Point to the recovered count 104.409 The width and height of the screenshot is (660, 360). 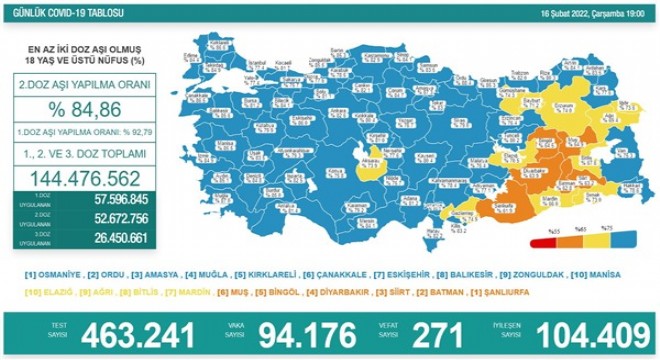click(x=571, y=335)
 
